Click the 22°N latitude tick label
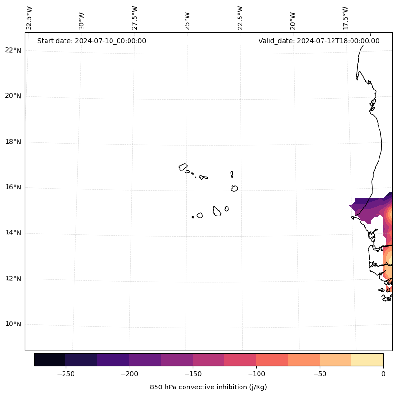(x=14, y=50)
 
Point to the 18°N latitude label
(x=14, y=142)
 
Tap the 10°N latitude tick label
(x=14, y=324)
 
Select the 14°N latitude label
(x=14, y=233)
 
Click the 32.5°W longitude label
(x=29, y=18)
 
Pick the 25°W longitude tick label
(x=187, y=20)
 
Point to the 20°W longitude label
(x=293, y=20)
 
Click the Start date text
(x=92, y=41)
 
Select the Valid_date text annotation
(x=319, y=41)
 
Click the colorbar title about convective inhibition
(x=208, y=387)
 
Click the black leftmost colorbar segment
(x=50, y=360)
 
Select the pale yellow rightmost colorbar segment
(x=367, y=360)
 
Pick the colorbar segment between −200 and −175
(x=145, y=360)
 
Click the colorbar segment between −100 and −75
(x=272, y=360)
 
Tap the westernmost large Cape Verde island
(x=183, y=167)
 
